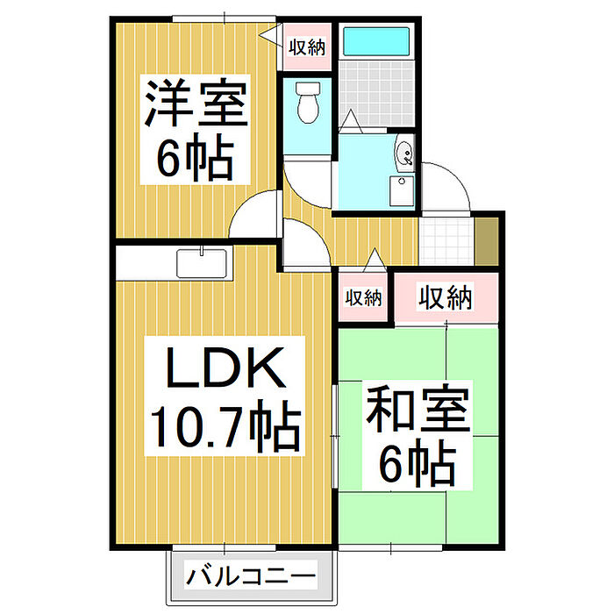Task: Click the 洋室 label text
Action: [196, 104]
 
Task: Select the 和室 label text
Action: [418, 409]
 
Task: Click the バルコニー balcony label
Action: [250, 580]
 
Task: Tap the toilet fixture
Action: [308, 104]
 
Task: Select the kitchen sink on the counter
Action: [202, 262]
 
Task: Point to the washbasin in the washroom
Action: [405, 155]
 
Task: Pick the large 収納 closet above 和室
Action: [445, 298]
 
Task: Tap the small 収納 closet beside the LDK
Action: [362, 298]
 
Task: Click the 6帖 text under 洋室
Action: [195, 157]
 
